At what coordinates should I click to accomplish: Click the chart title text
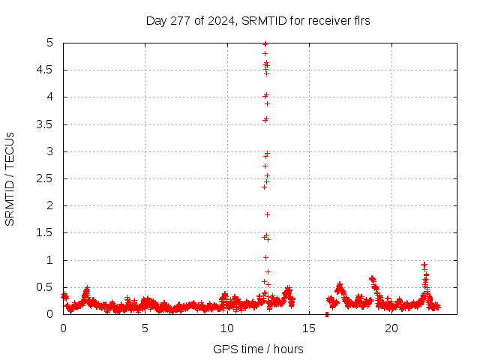(258, 21)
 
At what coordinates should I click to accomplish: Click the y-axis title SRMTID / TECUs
(10, 178)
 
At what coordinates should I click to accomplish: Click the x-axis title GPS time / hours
(258, 349)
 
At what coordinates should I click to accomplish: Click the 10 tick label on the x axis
(227, 328)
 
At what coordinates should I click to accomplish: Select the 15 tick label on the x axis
(309, 328)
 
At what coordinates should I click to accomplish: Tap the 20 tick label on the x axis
(391, 328)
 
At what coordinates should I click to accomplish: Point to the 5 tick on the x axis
(145, 328)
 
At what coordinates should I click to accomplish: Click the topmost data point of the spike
(265, 43)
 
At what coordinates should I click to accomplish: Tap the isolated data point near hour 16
(327, 314)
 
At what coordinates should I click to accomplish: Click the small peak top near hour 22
(424, 264)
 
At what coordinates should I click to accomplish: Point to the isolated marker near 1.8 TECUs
(267, 215)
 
